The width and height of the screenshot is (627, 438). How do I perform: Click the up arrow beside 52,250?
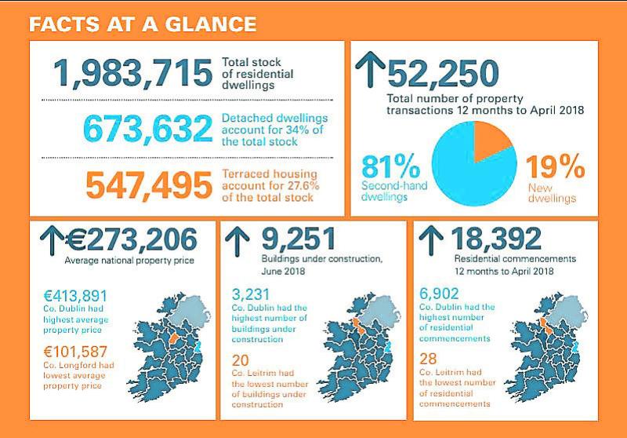coord(368,70)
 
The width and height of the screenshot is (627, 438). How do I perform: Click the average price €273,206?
coord(137,239)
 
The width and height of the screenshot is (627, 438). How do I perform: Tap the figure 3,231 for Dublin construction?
coord(252,296)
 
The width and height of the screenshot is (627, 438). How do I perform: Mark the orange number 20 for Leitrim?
coord(242,362)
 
